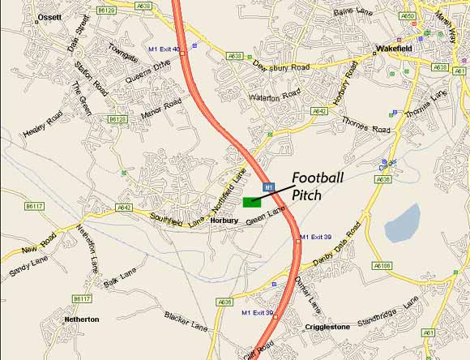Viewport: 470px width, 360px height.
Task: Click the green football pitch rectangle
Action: point(250,201)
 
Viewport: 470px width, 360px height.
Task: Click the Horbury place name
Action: point(224,220)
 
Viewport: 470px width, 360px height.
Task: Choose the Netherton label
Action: point(81,319)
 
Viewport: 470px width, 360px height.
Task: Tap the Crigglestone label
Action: point(327,327)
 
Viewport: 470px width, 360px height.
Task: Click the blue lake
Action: point(403,223)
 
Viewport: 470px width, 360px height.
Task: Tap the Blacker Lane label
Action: point(186,322)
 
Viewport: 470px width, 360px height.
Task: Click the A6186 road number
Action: point(382,265)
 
